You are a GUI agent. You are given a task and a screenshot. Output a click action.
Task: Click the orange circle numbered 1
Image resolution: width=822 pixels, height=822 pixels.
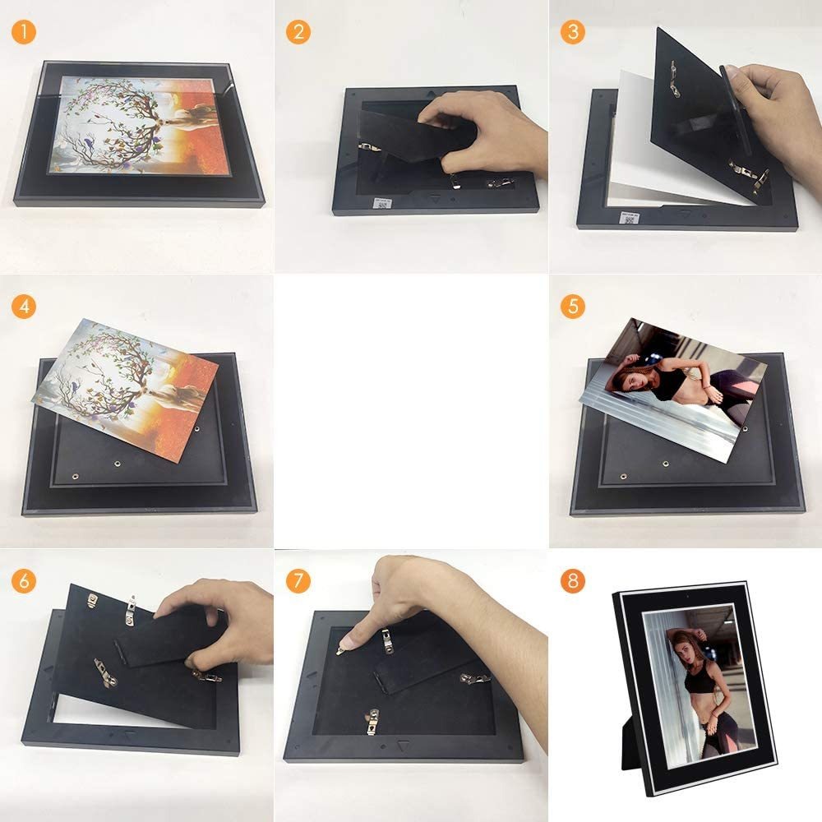(24, 31)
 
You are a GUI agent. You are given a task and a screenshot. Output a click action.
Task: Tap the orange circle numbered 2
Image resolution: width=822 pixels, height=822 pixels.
(298, 31)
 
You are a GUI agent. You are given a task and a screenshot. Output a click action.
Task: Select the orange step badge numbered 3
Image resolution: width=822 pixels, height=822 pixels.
(572, 31)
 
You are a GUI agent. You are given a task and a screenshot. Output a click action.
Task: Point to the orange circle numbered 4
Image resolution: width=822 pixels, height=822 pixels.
(24, 306)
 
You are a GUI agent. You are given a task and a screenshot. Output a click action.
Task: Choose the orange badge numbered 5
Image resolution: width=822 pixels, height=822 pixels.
(572, 306)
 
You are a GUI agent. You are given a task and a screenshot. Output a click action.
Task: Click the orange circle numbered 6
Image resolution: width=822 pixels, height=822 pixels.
(24, 581)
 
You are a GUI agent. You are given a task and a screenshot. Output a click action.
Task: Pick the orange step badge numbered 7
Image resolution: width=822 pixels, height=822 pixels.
(298, 581)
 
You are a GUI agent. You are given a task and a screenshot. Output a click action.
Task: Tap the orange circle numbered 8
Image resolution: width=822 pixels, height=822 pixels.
(572, 581)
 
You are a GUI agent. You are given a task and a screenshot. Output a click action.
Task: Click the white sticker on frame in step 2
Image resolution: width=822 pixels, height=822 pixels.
(382, 203)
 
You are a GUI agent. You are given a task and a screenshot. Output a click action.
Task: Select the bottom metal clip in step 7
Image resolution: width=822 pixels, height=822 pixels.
(372, 722)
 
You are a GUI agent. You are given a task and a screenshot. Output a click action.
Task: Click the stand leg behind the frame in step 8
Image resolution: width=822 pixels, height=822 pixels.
(631, 745)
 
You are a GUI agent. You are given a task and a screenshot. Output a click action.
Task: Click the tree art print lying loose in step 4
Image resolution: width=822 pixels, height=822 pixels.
(126, 390)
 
